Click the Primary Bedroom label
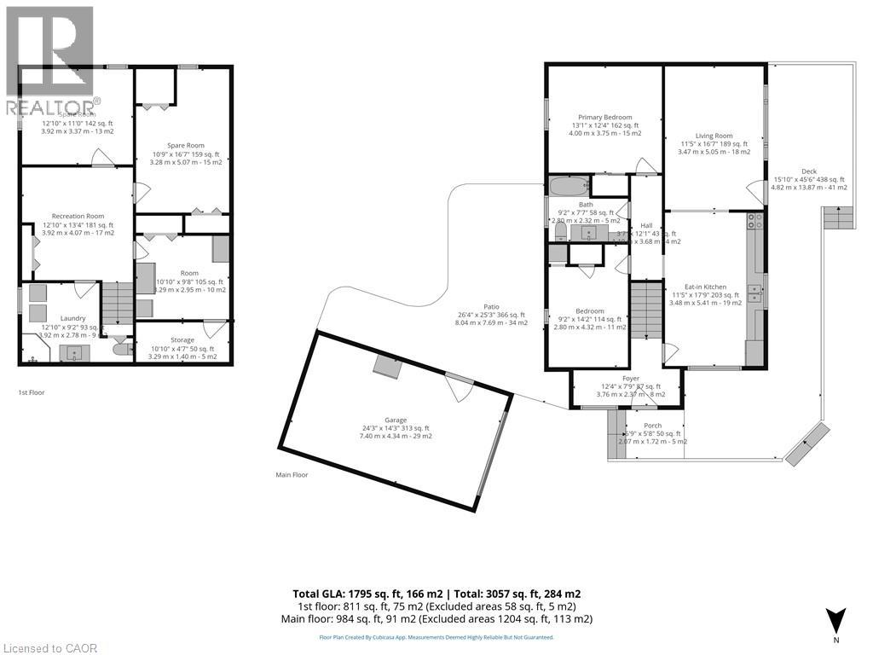pyautogui.click(x=605, y=117)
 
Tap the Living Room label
pyautogui.click(x=714, y=136)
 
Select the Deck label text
pyautogui.click(x=808, y=171)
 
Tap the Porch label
pyautogui.click(x=652, y=426)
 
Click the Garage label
pyautogui.click(x=395, y=420)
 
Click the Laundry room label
pyautogui.click(x=72, y=318)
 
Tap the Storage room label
pyautogui.click(x=182, y=339)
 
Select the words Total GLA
pyautogui.click(x=317, y=594)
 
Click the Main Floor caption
pyautogui.click(x=292, y=475)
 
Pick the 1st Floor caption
pyautogui.click(x=32, y=392)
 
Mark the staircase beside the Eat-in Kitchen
pyautogui.click(x=646, y=306)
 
